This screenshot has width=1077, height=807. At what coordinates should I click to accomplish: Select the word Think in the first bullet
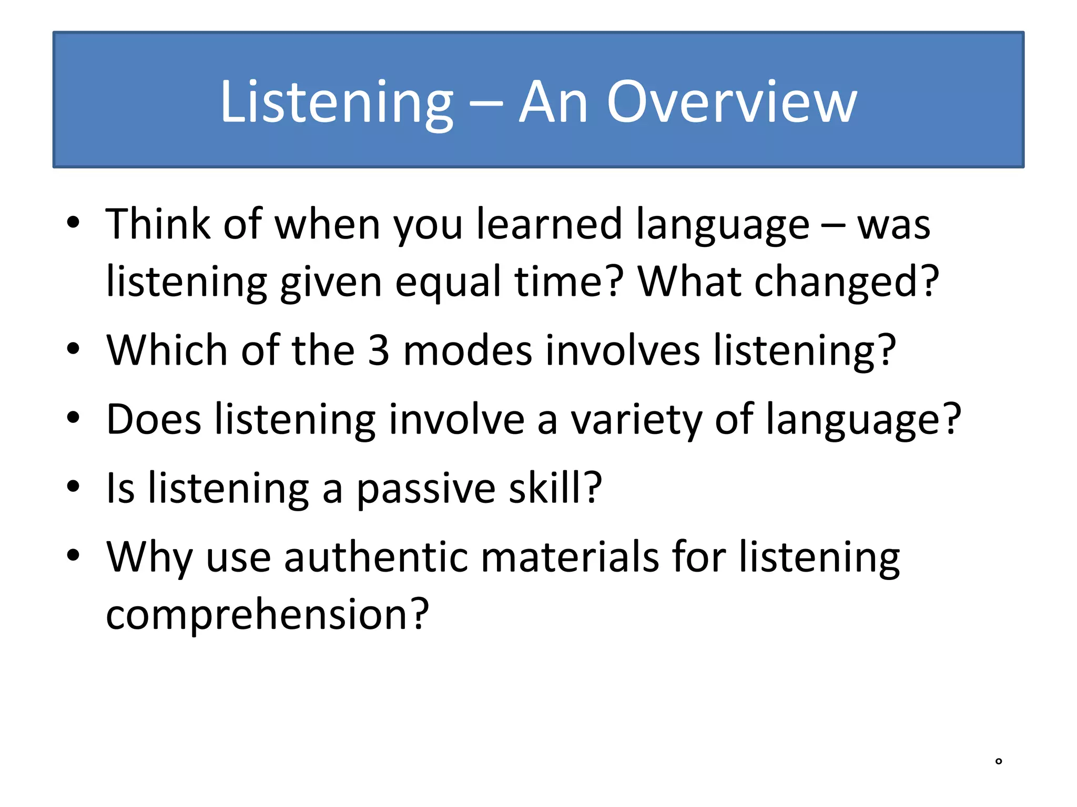tap(158, 224)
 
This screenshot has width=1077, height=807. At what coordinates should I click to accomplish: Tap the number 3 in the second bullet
tap(379, 350)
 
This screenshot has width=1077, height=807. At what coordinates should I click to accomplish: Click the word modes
tap(468, 350)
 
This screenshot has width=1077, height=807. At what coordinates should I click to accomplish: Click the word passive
tap(426, 489)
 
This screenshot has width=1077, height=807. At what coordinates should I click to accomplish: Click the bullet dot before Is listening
tap(73, 487)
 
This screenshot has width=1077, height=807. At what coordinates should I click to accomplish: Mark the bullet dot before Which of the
tap(73, 348)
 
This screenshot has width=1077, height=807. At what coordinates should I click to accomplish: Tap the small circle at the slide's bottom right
tap(999, 761)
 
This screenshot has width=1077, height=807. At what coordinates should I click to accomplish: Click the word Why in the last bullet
tap(149, 558)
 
